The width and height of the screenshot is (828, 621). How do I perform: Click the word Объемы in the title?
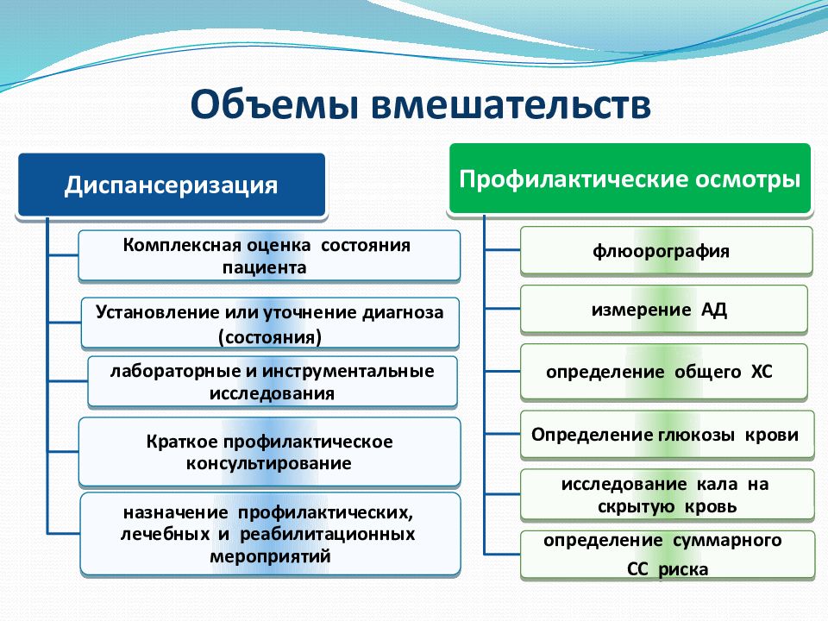click(274, 104)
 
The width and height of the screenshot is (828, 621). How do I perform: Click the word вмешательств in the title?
click(511, 104)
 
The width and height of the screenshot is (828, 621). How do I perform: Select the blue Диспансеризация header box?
click(172, 185)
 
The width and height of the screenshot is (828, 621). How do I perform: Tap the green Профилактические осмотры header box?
click(630, 179)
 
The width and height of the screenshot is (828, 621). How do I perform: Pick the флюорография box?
click(666, 251)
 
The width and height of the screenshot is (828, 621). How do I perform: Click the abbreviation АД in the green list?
click(714, 310)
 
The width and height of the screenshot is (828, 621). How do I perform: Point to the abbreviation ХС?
click(762, 372)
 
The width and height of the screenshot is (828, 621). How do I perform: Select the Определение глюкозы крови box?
click(667, 435)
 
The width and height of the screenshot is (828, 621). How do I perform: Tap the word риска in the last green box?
click(683, 569)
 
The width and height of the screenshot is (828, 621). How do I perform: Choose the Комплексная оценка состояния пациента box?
click(269, 255)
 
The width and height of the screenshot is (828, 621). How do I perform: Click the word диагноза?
click(403, 312)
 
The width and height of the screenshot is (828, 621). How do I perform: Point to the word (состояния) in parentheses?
click(270, 337)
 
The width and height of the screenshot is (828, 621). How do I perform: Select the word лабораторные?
click(176, 371)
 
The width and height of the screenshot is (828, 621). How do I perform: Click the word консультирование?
click(269, 463)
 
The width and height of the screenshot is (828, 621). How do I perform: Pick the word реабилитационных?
click(328, 534)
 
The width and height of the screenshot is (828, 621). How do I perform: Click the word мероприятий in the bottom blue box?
click(270, 556)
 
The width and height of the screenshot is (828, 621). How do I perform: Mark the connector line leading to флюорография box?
click(502, 249)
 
